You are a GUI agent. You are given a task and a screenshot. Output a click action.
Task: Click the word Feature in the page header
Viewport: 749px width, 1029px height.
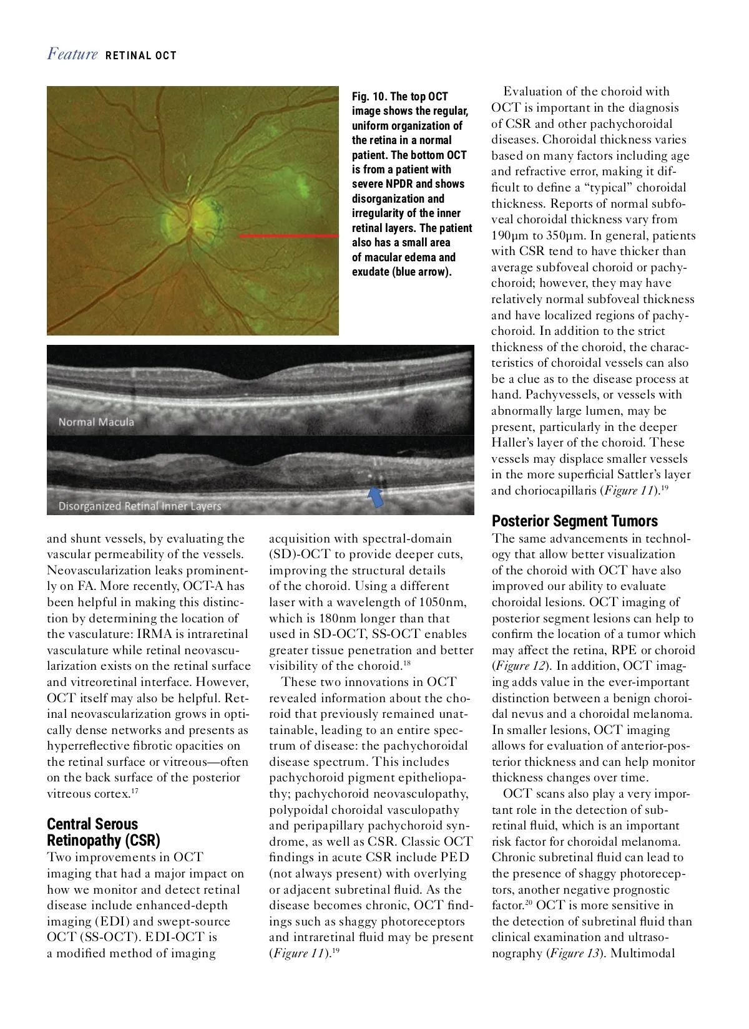click(x=72, y=54)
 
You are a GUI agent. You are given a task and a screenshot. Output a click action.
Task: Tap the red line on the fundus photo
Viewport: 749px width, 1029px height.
click(x=288, y=236)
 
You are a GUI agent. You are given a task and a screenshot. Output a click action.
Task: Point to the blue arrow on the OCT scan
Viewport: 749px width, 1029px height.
click(x=376, y=496)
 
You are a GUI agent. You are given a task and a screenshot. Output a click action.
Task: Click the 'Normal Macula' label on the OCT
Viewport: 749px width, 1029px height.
click(x=96, y=422)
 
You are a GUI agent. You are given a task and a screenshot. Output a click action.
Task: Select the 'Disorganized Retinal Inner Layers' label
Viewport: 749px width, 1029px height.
click(x=140, y=506)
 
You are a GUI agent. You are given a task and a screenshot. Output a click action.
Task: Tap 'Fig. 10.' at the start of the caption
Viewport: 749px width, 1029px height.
click(x=369, y=97)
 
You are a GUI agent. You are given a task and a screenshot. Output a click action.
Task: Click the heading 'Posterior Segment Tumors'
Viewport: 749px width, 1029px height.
click(x=575, y=521)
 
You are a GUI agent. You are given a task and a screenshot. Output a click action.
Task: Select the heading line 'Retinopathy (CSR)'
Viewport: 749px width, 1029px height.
click(x=104, y=840)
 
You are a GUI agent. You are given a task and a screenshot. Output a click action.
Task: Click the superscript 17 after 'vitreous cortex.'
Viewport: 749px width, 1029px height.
click(x=135, y=791)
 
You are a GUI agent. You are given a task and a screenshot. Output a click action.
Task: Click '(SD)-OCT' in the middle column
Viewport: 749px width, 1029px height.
click(x=295, y=554)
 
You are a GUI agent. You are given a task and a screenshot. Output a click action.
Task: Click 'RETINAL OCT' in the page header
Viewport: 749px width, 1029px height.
click(x=141, y=56)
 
